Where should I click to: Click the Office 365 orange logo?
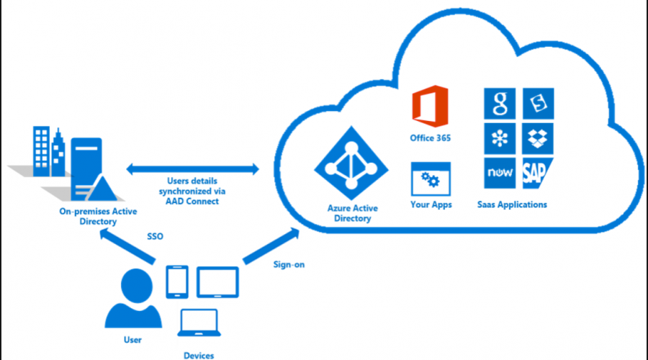[x=430, y=106]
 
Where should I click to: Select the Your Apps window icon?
[x=430, y=178]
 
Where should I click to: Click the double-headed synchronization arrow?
[x=193, y=170]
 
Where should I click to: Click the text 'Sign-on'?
[x=289, y=264]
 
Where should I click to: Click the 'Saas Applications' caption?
[x=512, y=204]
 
